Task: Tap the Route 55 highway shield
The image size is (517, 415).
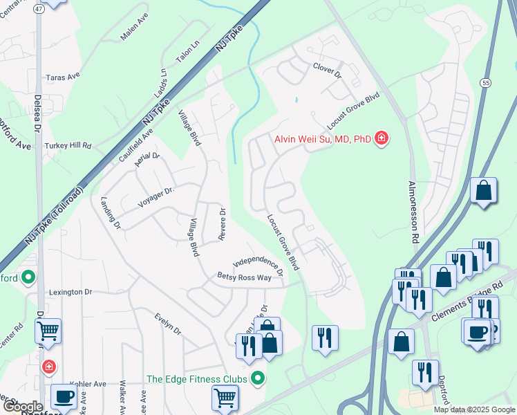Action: [x=487, y=82]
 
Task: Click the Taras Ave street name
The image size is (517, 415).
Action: [x=64, y=78]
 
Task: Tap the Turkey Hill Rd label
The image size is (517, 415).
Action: [x=68, y=146]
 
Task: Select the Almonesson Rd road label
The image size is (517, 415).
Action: [x=414, y=212]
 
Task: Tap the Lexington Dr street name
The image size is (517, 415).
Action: [x=70, y=293]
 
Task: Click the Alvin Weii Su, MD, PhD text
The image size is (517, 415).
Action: [x=322, y=139]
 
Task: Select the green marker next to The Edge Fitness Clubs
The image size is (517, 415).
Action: [x=258, y=378]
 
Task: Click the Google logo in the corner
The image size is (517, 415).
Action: [x=22, y=407]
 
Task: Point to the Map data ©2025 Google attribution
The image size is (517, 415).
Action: [x=474, y=409]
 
